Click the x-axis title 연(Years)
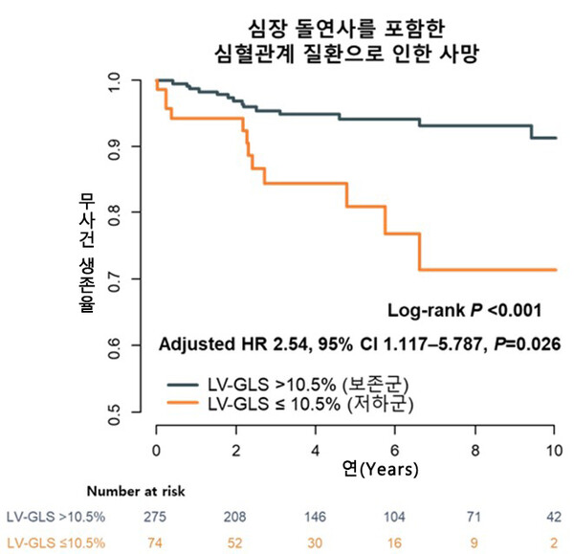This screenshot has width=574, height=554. pyautogui.click(x=379, y=470)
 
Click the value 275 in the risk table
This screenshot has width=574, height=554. pyautogui.click(x=155, y=517)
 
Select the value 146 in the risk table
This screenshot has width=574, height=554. pyautogui.click(x=315, y=517)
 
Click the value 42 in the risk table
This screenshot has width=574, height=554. pyautogui.click(x=554, y=517)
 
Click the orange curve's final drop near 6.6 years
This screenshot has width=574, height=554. pyautogui.click(x=419, y=252)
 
